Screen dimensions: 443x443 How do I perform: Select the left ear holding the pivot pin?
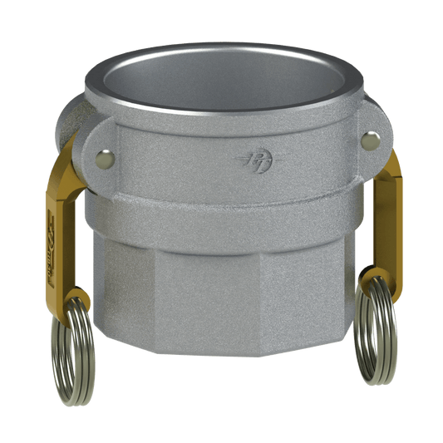tap(83, 145)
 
